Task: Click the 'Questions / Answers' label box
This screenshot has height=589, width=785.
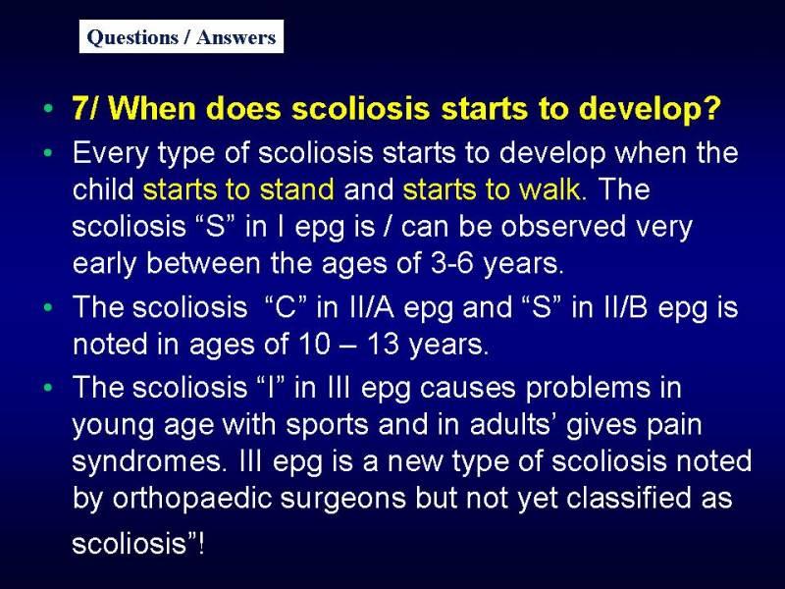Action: [x=182, y=36]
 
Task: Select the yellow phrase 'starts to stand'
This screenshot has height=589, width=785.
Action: [x=238, y=189]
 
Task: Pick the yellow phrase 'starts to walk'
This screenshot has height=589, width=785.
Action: [x=492, y=189]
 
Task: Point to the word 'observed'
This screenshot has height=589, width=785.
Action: [x=563, y=226]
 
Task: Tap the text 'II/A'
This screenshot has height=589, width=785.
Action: [x=370, y=306]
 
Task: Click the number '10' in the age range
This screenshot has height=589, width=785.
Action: [x=315, y=344]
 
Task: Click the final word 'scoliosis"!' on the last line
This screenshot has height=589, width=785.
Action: [x=138, y=544]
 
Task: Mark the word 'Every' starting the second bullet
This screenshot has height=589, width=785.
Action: [x=110, y=153]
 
